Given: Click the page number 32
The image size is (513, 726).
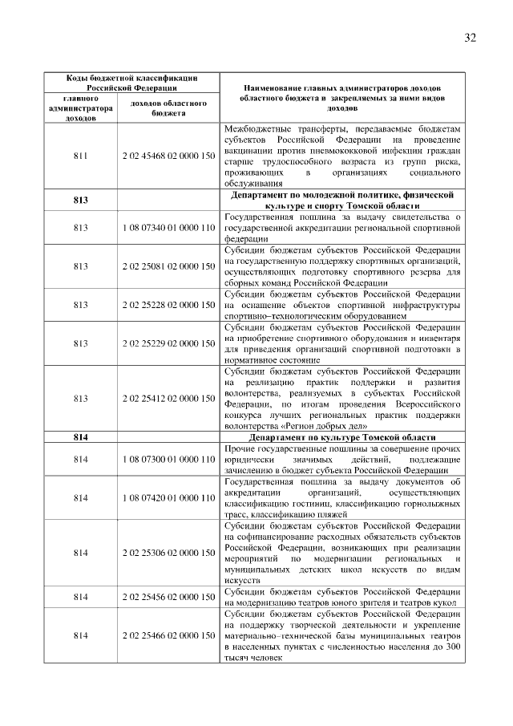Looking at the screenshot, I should [x=470, y=38].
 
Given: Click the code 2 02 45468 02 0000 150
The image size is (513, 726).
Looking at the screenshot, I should [x=168, y=156].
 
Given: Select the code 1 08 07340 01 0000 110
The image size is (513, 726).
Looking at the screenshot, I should [x=168, y=228].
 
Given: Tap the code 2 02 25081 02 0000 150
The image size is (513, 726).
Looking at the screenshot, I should [x=168, y=266].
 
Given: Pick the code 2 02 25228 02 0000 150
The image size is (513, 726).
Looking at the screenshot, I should [x=168, y=305].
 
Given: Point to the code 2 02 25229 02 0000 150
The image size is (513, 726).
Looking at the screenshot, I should [x=168, y=343].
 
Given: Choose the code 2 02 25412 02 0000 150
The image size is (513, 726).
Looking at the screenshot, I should [x=168, y=398].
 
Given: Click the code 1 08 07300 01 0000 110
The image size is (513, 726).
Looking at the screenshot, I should [x=168, y=459].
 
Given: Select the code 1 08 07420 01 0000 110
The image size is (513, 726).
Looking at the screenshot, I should [x=168, y=497].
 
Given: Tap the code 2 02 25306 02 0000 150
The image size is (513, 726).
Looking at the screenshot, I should [x=168, y=553].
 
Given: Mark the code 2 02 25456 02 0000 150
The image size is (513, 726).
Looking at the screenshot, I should [x=168, y=597].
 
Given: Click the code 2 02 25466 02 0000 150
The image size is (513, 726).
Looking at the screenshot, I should [x=168, y=635].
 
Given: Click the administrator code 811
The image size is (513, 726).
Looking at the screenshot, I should [x=80, y=156].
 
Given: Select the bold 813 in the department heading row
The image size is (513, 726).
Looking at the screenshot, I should [x=80, y=200].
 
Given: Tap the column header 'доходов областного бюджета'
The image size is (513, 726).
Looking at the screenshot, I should [x=168, y=108].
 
